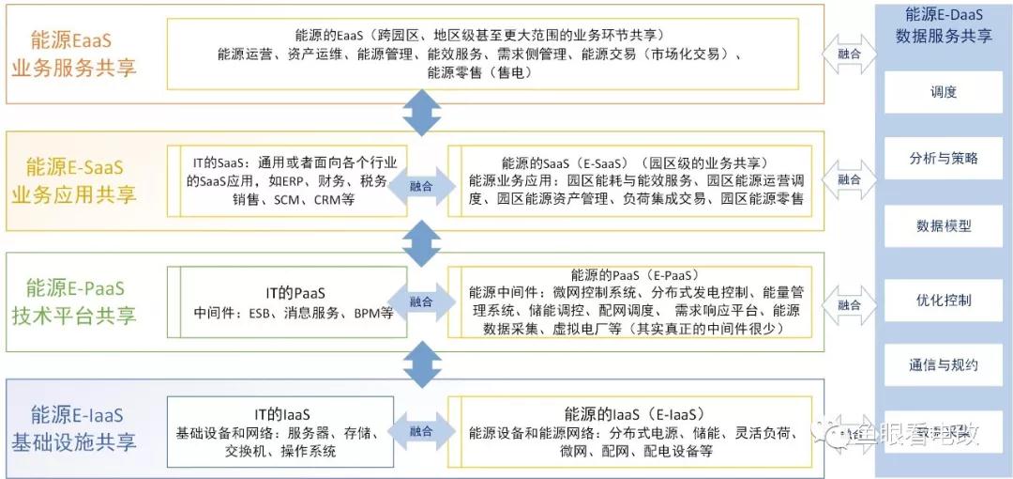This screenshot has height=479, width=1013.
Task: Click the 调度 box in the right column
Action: (x=944, y=92)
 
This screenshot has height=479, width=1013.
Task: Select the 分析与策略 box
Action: (x=944, y=159)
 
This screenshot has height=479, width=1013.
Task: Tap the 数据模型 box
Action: (x=944, y=226)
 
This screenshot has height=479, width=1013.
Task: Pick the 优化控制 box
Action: (x=944, y=301)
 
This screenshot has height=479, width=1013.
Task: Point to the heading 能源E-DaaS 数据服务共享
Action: (x=944, y=25)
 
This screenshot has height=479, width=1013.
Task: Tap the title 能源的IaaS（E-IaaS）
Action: (x=634, y=413)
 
